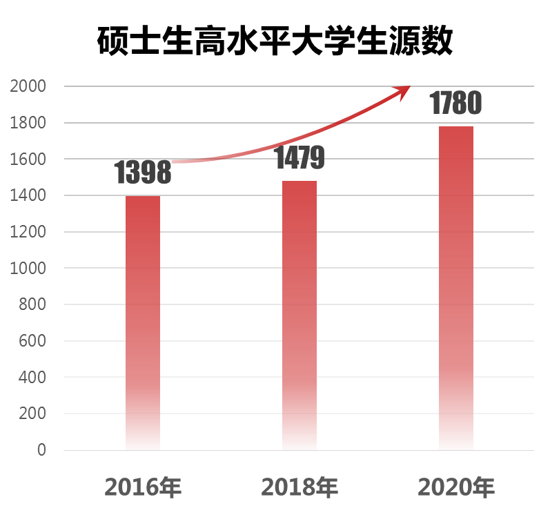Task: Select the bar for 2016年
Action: tap(143, 323)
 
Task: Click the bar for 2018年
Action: tap(299, 315)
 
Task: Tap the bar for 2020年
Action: tap(456, 289)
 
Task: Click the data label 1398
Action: tap(143, 173)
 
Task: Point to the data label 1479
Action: tap(299, 158)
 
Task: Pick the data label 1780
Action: tap(455, 104)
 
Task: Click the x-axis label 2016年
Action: tap(143, 487)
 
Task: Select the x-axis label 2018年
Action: tap(299, 487)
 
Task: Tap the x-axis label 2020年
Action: tap(456, 487)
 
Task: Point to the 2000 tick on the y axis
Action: tap(28, 86)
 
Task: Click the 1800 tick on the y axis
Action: tap(28, 123)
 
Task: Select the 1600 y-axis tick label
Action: tap(28, 159)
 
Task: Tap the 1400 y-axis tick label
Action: tap(28, 196)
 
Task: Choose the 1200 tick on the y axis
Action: tap(28, 232)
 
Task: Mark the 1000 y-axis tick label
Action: tap(28, 269)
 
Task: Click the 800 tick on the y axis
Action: tap(32, 304)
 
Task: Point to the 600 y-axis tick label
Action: tap(32, 341)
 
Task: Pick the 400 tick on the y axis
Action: tap(32, 378)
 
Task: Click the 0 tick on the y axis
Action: tap(41, 450)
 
